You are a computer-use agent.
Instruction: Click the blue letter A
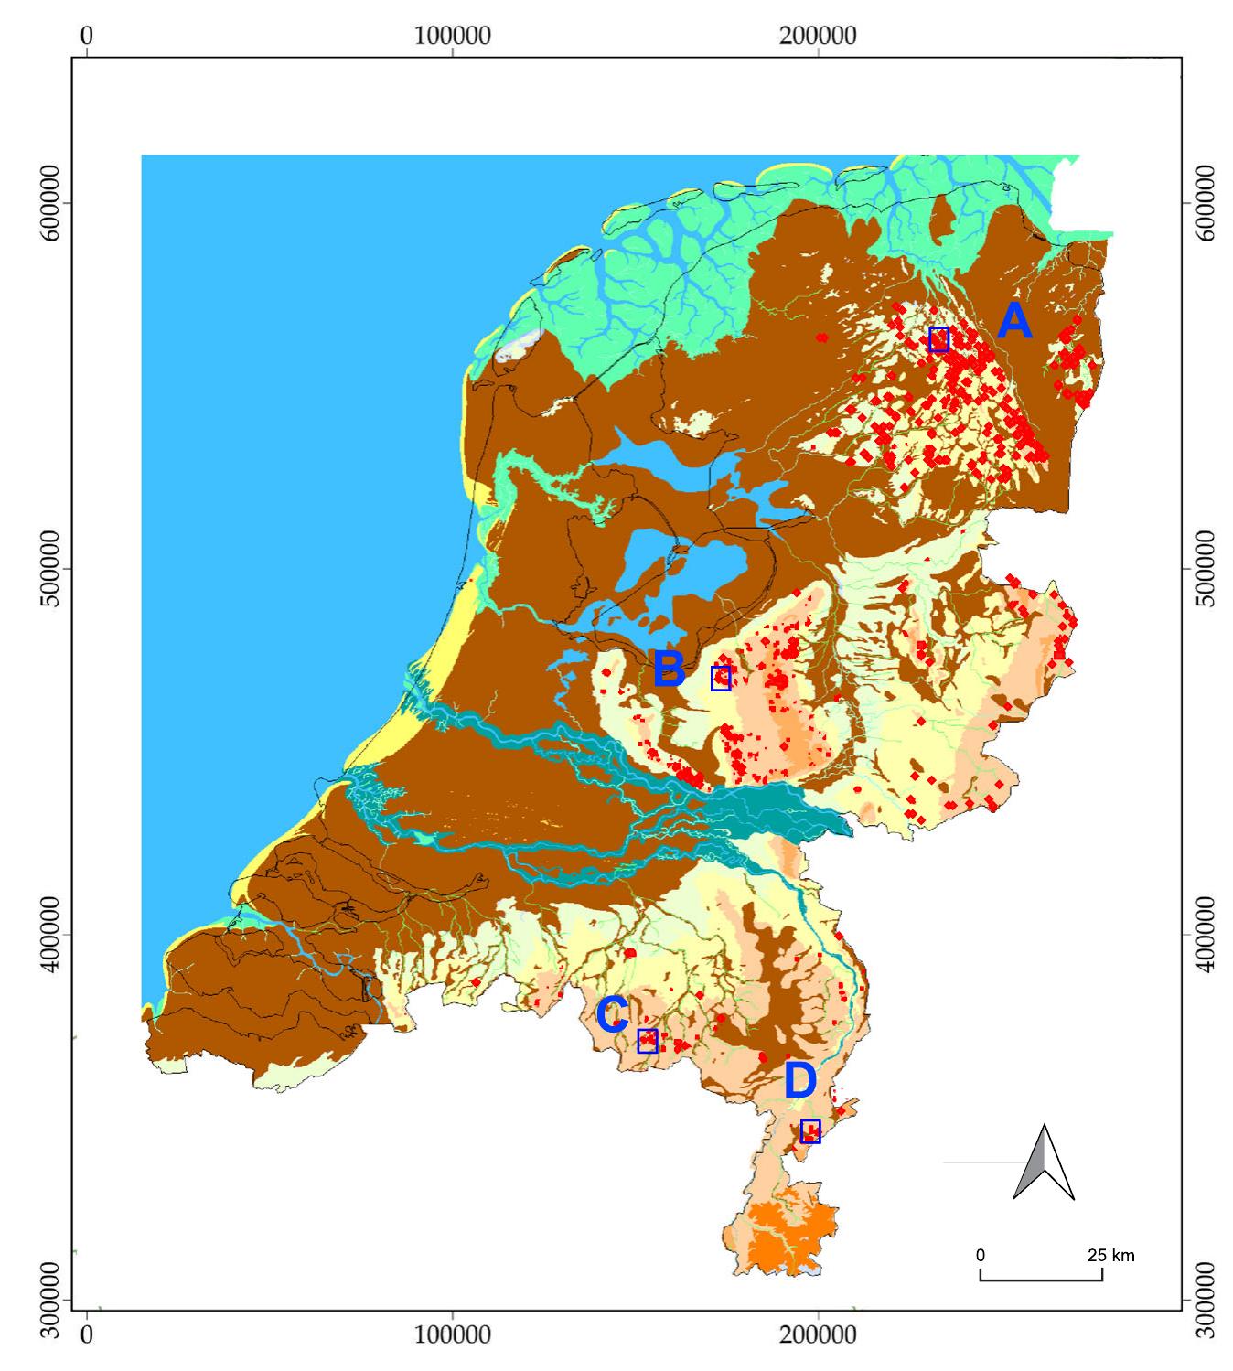pos(1014,322)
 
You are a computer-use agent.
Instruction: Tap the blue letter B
pos(670,669)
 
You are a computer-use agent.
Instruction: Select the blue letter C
pos(612,1014)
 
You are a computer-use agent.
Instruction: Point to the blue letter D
pos(800,1082)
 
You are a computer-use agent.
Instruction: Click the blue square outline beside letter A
pos(938,339)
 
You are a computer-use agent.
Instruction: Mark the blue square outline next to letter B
pos(721,678)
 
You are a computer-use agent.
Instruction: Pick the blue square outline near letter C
pos(648,1041)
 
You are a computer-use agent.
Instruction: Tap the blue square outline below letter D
pos(810,1131)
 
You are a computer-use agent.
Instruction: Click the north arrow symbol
pos(1044,1162)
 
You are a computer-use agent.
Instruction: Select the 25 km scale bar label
pos(1110,1255)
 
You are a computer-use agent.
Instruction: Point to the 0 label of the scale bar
pos(981,1255)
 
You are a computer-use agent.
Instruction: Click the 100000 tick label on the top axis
pos(453,36)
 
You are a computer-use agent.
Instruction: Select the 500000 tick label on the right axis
pos(1207,568)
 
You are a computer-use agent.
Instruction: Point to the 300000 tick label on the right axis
pos(1207,1299)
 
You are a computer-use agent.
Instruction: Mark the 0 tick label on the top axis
pos(87,36)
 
